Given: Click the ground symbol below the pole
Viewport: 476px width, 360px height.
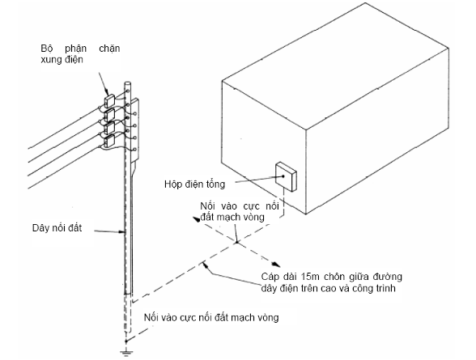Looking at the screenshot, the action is pyautogui.click(x=126, y=353).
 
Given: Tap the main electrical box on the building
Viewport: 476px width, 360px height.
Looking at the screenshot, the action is pyautogui.click(x=286, y=176).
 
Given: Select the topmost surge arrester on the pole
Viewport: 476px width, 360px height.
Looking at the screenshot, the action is pyautogui.click(x=109, y=100).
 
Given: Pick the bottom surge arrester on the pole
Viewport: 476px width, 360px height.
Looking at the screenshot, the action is pyautogui.click(x=109, y=140).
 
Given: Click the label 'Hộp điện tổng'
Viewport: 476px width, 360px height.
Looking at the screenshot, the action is pyautogui.click(x=194, y=184).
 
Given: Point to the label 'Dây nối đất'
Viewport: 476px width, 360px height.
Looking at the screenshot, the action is pyautogui.click(x=57, y=228).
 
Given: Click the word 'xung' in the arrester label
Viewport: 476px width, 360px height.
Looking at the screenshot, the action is pyautogui.click(x=51, y=60).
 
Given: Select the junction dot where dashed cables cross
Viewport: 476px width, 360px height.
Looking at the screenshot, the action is pyautogui.click(x=236, y=242).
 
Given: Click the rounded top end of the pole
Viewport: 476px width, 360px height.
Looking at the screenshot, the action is pyautogui.click(x=128, y=83).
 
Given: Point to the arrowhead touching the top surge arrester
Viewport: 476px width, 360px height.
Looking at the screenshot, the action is pyautogui.click(x=106, y=91).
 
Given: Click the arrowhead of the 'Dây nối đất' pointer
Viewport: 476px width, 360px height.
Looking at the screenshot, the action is pyautogui.click(x=121, y=232).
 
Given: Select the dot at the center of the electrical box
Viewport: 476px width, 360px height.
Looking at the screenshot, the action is pyautogui.click(x=283, y=176).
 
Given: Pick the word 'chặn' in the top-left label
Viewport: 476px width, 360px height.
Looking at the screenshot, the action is pyautogui.click(x=109, y=49).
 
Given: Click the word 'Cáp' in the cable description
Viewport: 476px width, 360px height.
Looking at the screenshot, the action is pyautogui.click(x=270, y=277).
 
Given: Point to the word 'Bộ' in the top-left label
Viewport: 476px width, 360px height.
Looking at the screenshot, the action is pyautogui.click(x=45, y=49).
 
